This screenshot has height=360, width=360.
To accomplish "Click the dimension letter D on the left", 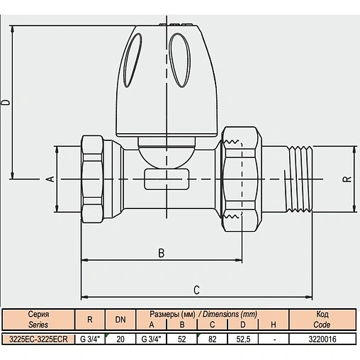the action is [8, 103].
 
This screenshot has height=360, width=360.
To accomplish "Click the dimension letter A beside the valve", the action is [51, 179].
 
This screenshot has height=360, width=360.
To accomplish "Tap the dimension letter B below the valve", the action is [162, 253].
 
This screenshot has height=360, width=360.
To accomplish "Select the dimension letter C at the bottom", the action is [196, 290].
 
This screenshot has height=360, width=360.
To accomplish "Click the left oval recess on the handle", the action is [133, 60].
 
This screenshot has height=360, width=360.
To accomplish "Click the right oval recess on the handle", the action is [180, 60].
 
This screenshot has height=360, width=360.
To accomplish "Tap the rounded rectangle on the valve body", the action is [167, 179].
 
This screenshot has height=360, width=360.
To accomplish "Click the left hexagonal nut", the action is [92, 179].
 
